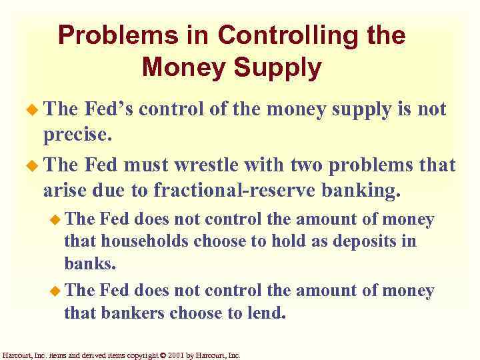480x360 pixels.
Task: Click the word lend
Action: click(266, 313)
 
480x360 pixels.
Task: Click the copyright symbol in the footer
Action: click(164, 355)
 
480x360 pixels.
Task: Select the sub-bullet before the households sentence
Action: click(56, 219)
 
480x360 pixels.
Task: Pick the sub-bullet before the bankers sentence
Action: click(56, 291)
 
